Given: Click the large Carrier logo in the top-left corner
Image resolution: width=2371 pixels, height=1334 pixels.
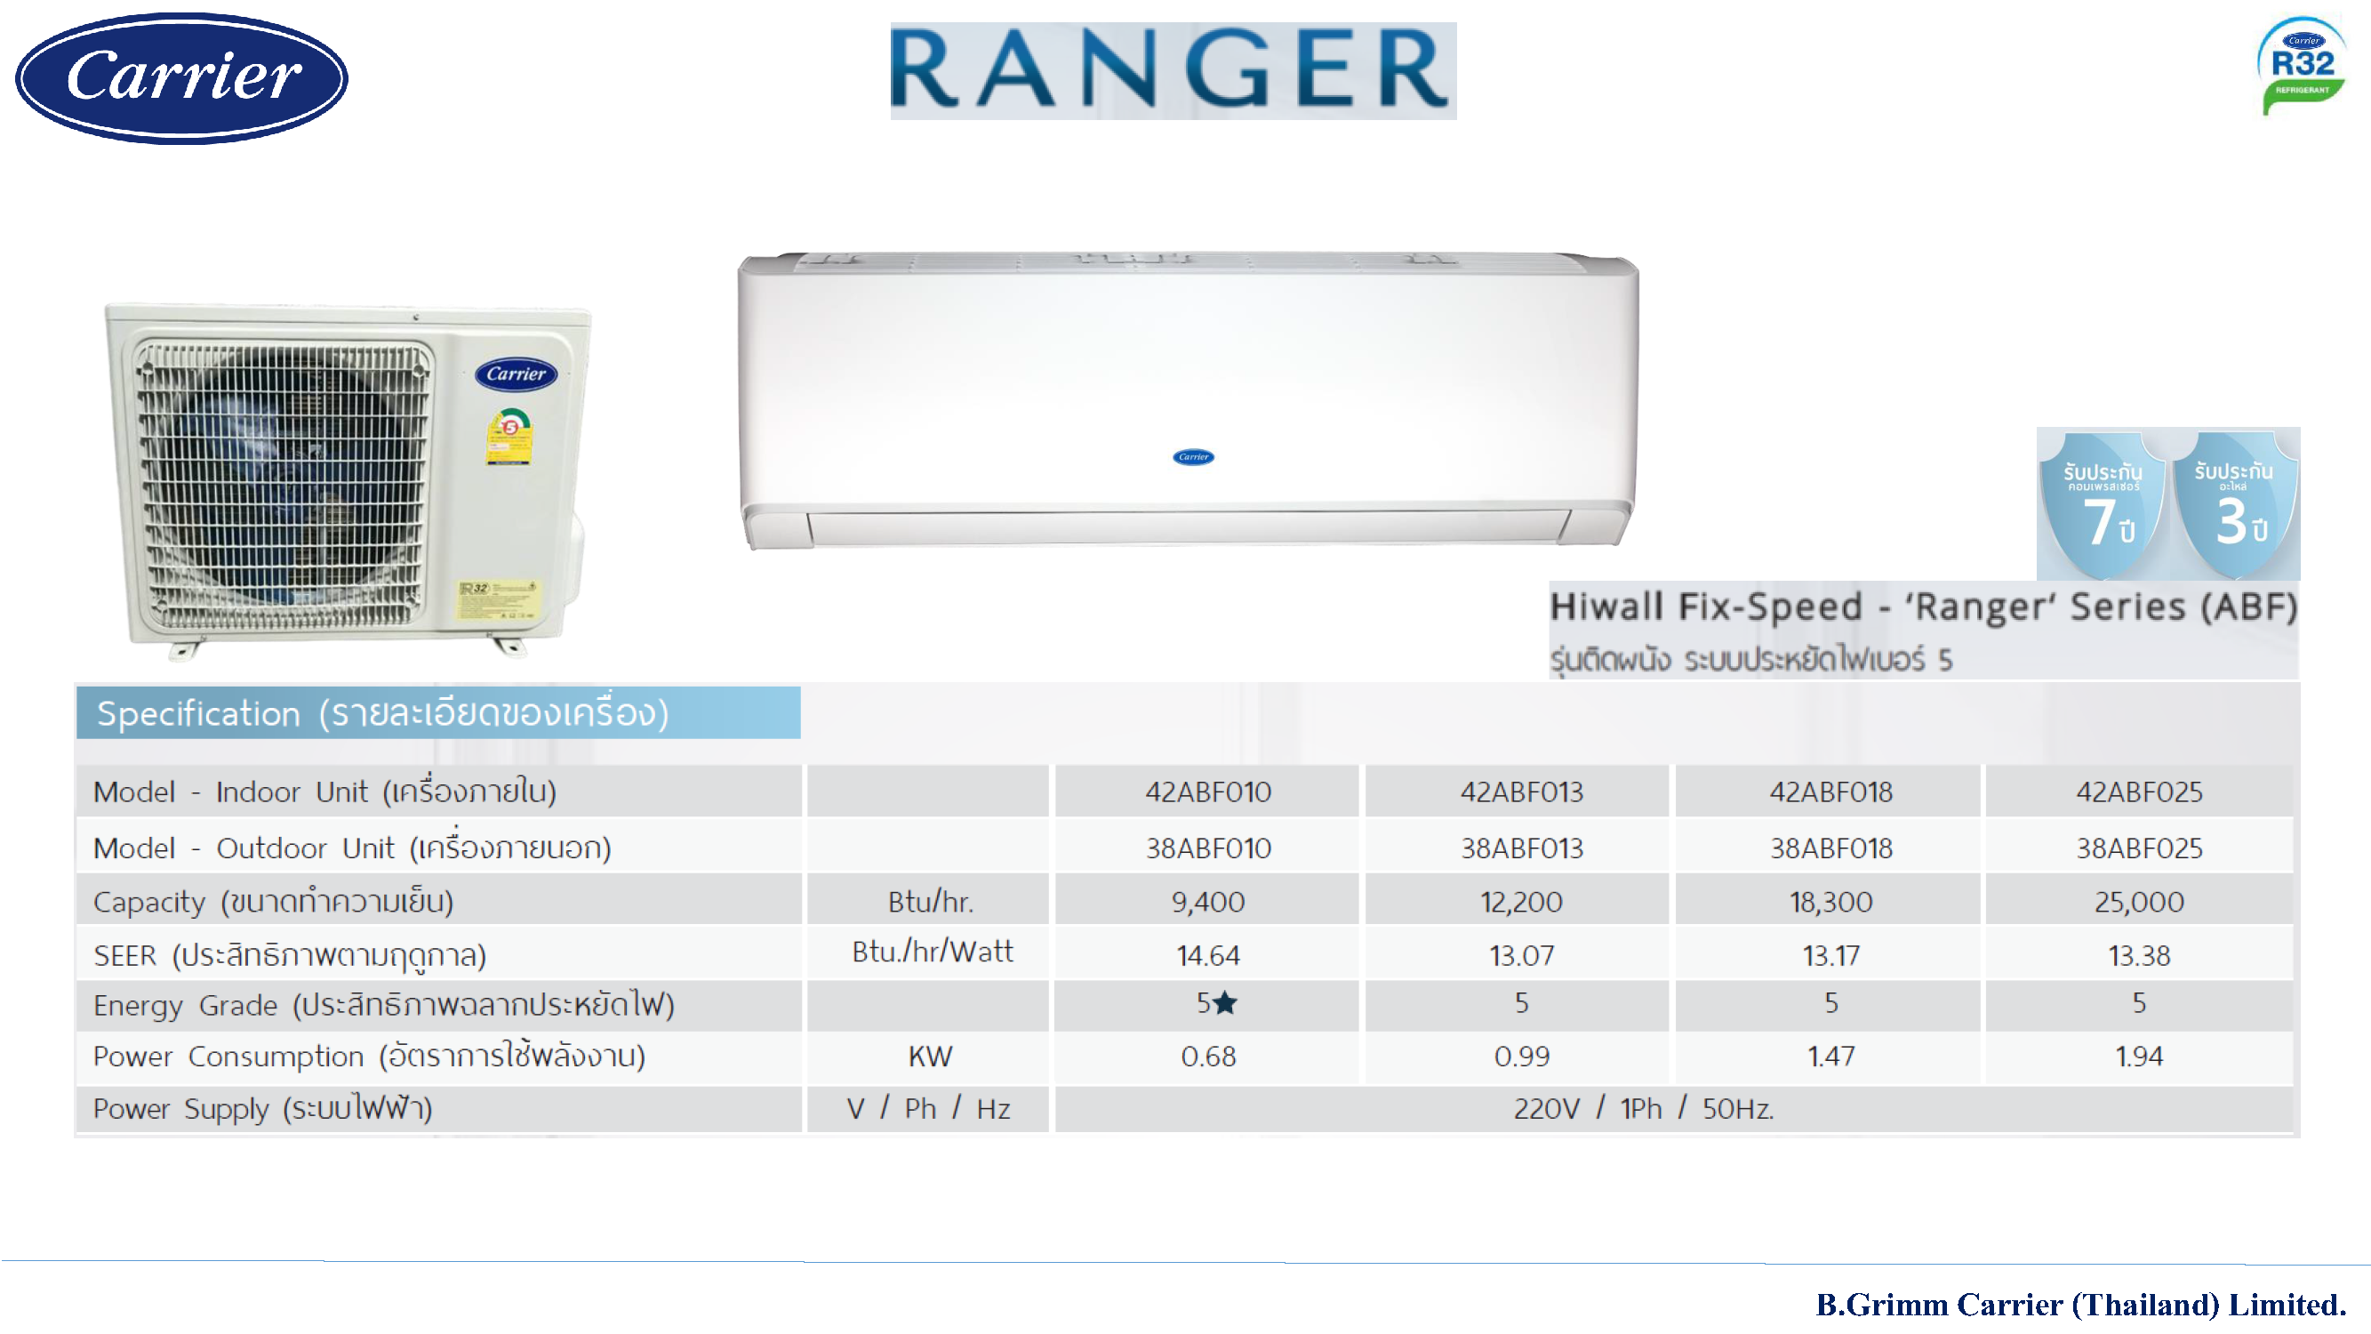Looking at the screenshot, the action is coord(181,78).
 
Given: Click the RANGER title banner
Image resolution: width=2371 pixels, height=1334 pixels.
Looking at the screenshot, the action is coord(1173,71).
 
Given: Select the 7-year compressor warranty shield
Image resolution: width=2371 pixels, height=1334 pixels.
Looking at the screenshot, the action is coord(2103,504).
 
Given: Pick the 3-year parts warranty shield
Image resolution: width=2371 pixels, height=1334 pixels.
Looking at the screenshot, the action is coord(2235,504).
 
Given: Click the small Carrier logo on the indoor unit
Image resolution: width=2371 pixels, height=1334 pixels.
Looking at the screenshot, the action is coord(1193,456).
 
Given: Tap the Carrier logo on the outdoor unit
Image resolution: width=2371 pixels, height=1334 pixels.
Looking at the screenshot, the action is coord(516,374).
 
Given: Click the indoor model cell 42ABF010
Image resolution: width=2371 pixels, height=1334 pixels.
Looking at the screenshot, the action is coord(1207,792).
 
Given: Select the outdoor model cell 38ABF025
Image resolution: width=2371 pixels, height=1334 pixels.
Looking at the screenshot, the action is coord(2139,848).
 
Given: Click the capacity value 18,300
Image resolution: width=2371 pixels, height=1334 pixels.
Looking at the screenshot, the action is coord(1830,902).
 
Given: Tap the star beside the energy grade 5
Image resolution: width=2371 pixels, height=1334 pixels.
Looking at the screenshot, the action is coord(1225,1002).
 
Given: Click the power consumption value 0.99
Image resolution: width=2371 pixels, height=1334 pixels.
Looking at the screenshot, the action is coord(1521,1056).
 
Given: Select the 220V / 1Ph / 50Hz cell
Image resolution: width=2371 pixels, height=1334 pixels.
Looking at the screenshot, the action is coord(1643,1108).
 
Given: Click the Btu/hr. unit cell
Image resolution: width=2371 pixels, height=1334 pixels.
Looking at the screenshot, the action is coord(930,902).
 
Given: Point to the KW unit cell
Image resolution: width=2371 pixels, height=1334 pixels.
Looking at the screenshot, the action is coord(930,1056).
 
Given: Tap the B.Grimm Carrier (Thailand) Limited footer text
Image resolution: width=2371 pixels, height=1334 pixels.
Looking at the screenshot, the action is coord(2080,1305).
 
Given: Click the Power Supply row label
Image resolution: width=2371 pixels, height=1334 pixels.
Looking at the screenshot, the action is coord(262,1108).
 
